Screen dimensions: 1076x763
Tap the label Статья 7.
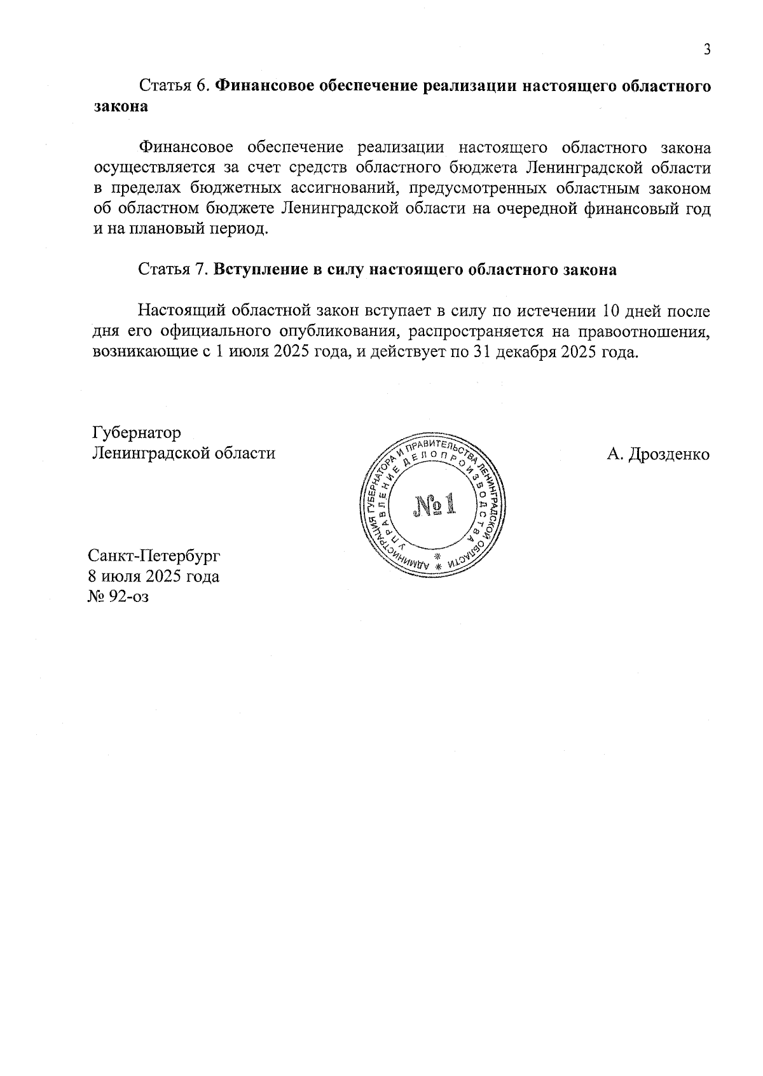(174, 269)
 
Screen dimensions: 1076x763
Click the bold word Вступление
(257, 269)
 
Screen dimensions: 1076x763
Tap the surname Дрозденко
(668, 454)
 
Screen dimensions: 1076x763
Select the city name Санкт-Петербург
(154, 555)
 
